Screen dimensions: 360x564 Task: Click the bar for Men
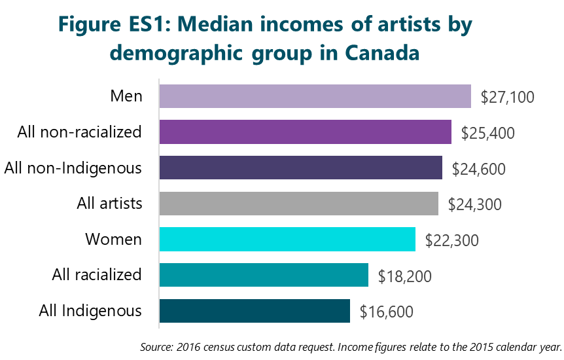(x=315, y=96)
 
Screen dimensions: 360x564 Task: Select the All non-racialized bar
(x=305, y=132)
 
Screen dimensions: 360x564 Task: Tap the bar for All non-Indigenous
(x=300, y=168)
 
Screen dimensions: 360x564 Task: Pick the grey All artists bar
(x=298, y=204)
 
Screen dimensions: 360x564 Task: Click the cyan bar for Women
(x=287, y=240)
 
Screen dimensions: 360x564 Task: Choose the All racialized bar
(x=264, y=275)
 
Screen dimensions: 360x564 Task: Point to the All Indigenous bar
(x=255, y=311)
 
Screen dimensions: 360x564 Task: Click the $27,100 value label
(x=508, y=98)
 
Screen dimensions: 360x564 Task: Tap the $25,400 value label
(x=488, y=134)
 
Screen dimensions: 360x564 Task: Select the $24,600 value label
(x=479, y=169)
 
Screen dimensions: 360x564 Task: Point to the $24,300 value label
(x=475, y=205)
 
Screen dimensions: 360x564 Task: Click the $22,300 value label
(x=452, y=241)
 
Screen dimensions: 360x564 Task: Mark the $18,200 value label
(x=405, y=276)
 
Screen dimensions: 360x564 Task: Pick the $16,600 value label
(x=387, y=312)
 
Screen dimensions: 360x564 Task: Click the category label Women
(x=113, y=240)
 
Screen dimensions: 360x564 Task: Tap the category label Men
(x=126, y=96)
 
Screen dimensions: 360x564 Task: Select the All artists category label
(x=109, y=204)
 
